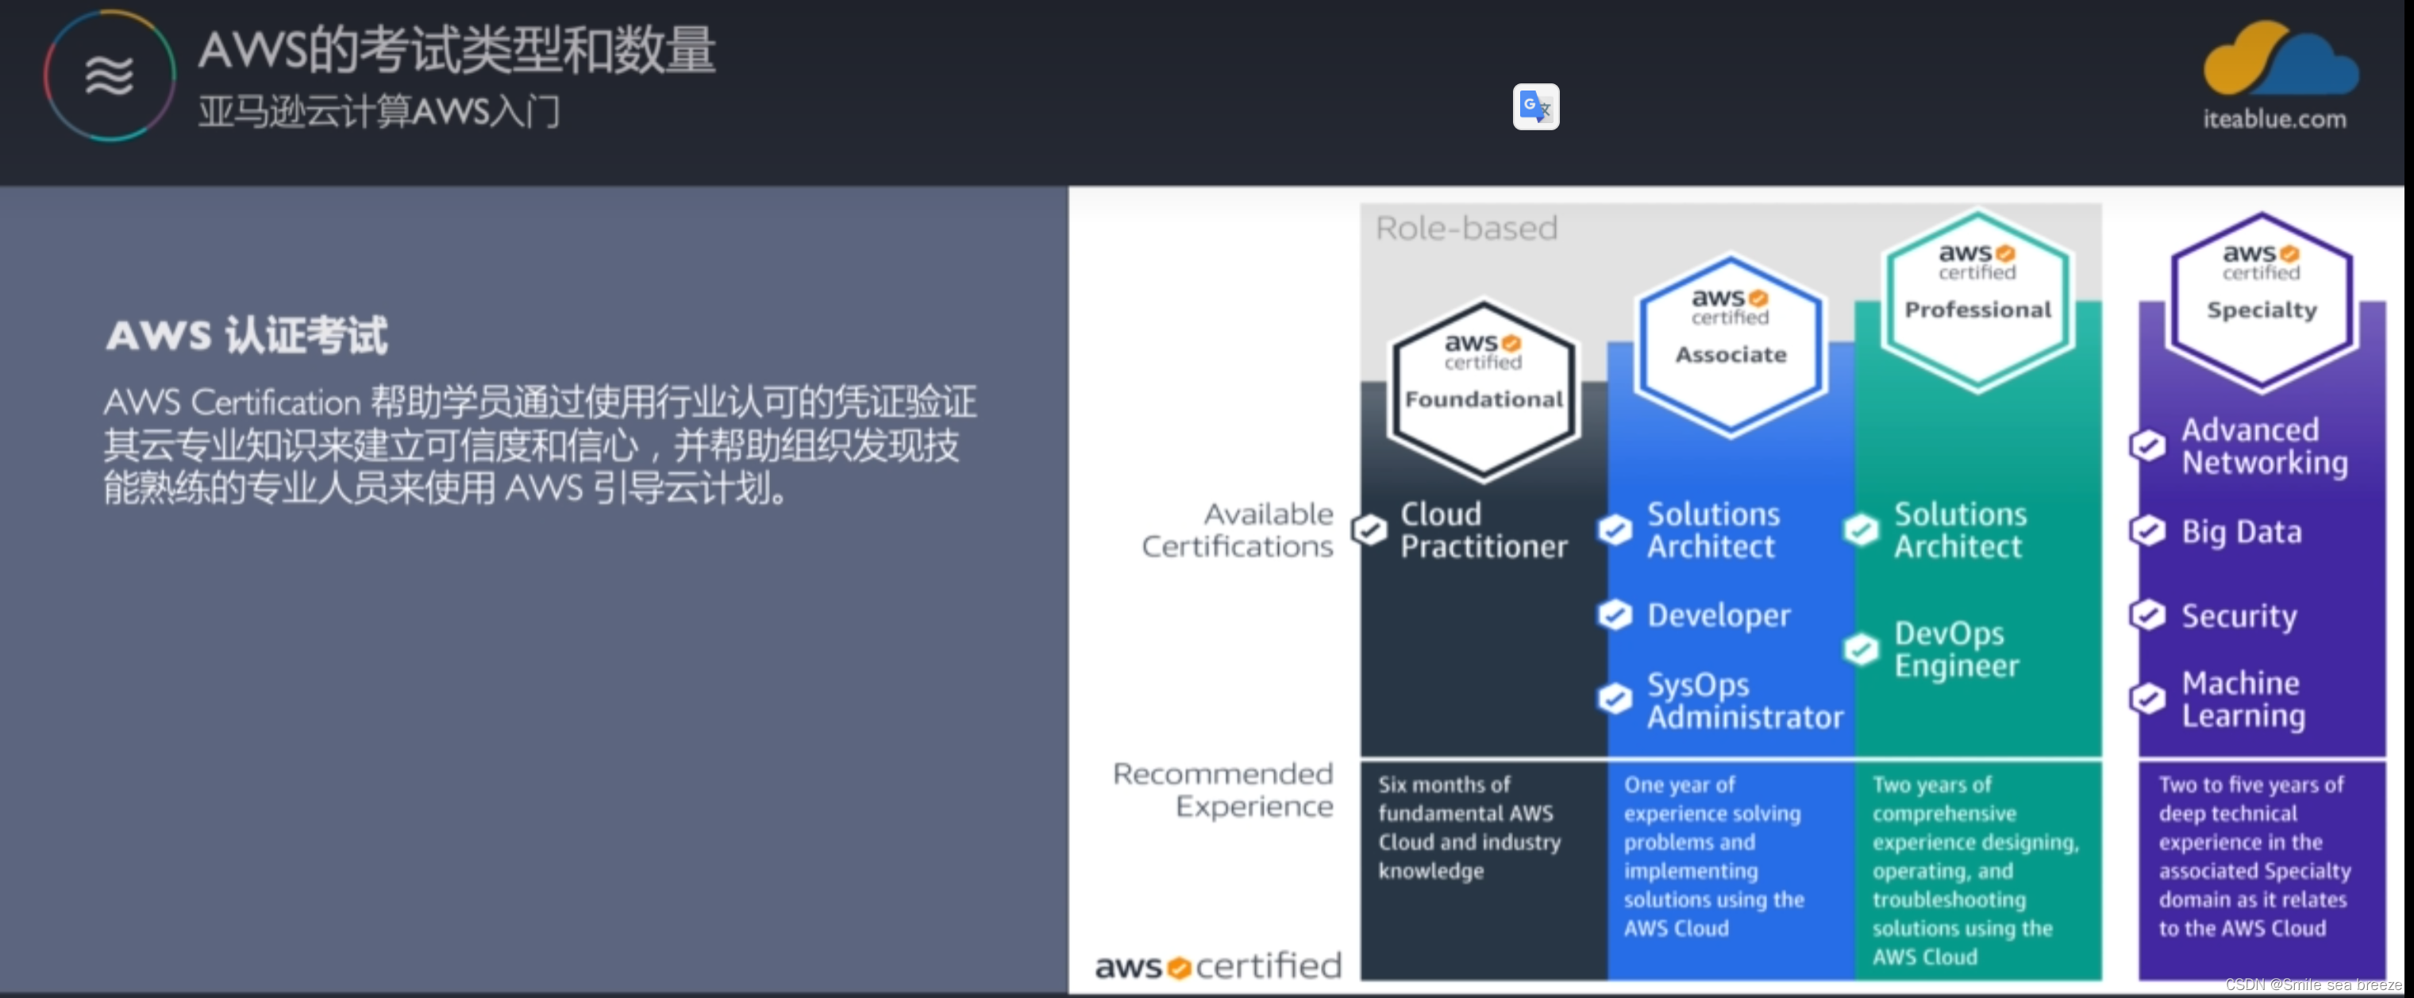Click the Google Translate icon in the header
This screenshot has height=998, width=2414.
(1535, 107)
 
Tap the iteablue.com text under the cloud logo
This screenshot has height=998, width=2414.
(2274, 119)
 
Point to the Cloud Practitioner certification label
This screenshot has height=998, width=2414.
(1483, 530)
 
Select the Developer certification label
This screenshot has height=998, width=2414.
(1719, 615)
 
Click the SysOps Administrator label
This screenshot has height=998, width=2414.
(1744, 700)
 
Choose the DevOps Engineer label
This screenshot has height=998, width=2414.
(1956, 649)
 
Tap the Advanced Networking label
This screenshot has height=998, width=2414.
(2264, 446)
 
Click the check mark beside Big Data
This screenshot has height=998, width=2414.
(2148, 531)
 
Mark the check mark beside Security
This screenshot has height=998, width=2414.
(2148, 615)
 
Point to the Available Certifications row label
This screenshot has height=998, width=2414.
(1237, 530)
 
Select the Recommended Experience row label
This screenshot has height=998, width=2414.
(1223, 789)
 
